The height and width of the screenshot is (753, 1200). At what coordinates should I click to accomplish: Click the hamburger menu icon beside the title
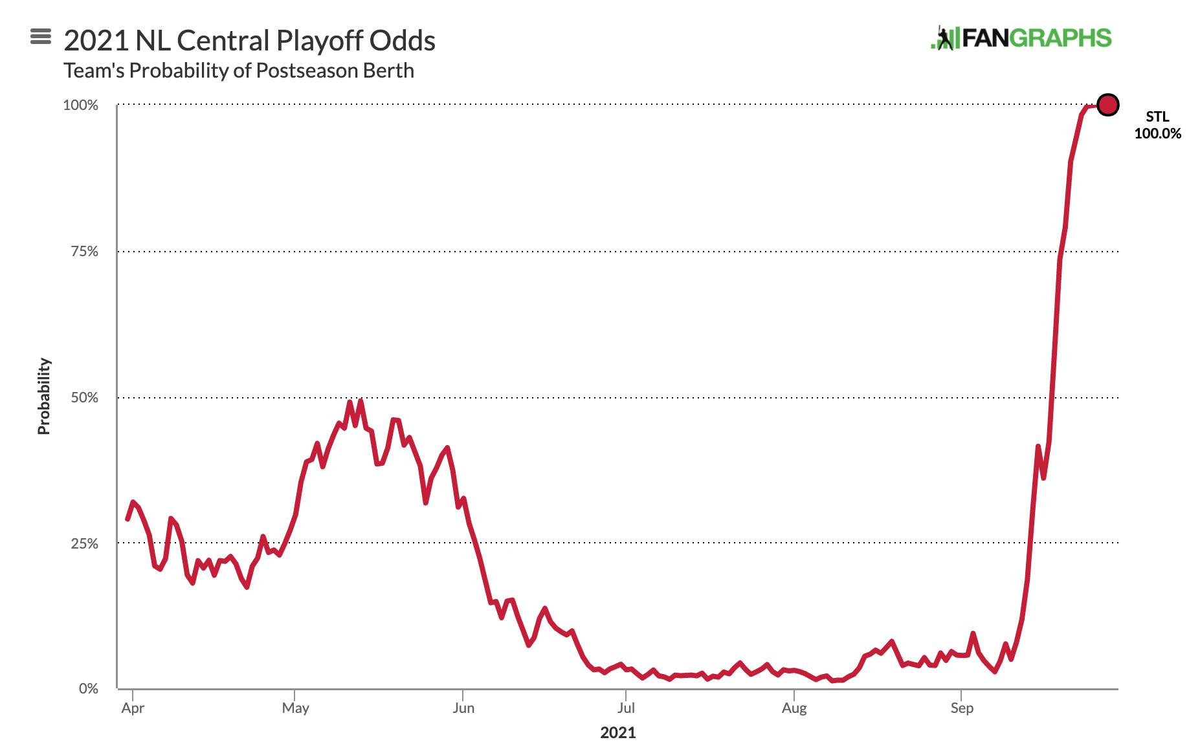[x=41, y=37]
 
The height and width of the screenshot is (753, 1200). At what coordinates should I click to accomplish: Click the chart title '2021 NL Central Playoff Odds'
[x=249, y=41]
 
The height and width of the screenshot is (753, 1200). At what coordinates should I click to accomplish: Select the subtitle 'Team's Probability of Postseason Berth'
[x=239, y=71]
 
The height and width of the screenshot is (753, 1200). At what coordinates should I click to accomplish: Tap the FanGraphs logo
[x=1021, y=38]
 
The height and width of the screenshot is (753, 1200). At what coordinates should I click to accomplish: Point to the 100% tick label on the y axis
[x=80, y=105]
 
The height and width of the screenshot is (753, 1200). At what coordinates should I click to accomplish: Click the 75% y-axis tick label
[x=84, y=252]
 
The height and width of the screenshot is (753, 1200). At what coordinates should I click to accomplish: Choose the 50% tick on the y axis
[x=84, y=398]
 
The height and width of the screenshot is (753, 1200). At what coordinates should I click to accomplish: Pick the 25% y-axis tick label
[x=84, y=543]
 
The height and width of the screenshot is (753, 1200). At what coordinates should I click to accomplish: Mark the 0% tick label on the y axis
[x=88, y=689]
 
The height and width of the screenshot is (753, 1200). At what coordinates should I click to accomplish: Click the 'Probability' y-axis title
[x=44, y=396]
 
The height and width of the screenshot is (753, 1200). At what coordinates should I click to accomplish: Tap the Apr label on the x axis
[x=133, y=708]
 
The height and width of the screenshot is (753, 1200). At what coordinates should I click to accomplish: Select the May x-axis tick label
[x=295, y=708]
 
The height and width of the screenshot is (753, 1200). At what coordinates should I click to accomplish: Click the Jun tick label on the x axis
[x=463, y=708]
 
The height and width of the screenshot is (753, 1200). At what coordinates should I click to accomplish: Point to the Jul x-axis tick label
[x=626, y=708]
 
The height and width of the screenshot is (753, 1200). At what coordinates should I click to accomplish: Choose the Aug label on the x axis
[x=794, y=708]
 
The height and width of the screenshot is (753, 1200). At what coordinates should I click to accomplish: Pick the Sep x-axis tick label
[x=962, y=708]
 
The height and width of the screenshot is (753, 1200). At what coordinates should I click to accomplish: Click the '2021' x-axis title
[x=618, y=733]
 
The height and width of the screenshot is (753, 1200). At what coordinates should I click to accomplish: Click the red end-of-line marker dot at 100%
[x=1107, y=105]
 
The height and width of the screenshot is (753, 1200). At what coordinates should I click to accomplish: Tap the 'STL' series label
[x=1157, y=117]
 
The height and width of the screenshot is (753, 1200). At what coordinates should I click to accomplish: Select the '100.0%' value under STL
[x=1157, y=134]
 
